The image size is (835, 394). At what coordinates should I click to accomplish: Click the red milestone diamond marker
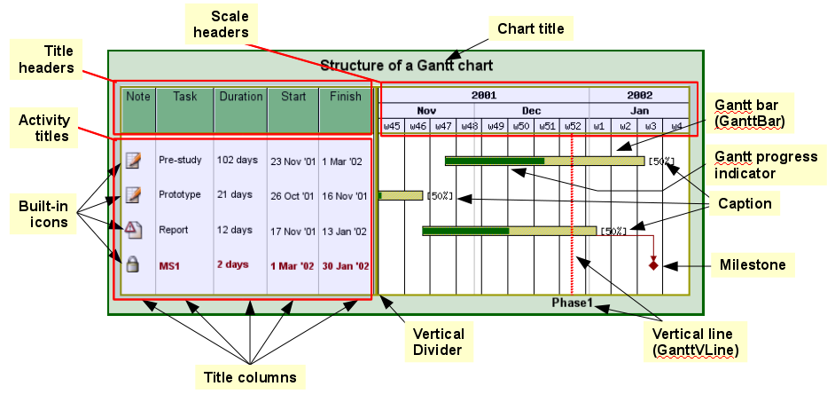(x=653, y=264)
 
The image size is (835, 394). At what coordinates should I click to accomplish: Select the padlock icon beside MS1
(x=133, y=264)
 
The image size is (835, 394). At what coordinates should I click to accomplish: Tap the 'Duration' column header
(x=241, y=96)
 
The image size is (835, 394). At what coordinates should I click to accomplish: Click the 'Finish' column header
(x=345, y=96)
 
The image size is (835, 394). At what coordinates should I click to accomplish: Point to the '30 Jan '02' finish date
(x=345, y=265)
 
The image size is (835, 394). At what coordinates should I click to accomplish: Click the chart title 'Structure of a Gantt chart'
(x=406, y=65)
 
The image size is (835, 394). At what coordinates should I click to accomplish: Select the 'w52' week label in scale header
(x=574, y=126)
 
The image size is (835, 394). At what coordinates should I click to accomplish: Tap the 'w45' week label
(x=392, y=126)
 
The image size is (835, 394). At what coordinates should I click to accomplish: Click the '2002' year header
(x=639, y=95)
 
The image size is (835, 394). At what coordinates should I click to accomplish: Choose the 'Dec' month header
(x=531, y=111)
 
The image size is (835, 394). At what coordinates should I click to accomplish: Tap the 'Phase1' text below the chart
(x=572, y=303)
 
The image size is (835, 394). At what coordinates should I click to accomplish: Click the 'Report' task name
(x=174, y=230)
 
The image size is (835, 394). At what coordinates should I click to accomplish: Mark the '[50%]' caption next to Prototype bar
(x=439, y=195)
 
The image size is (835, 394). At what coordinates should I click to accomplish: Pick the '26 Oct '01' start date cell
(x=293, y=195)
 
